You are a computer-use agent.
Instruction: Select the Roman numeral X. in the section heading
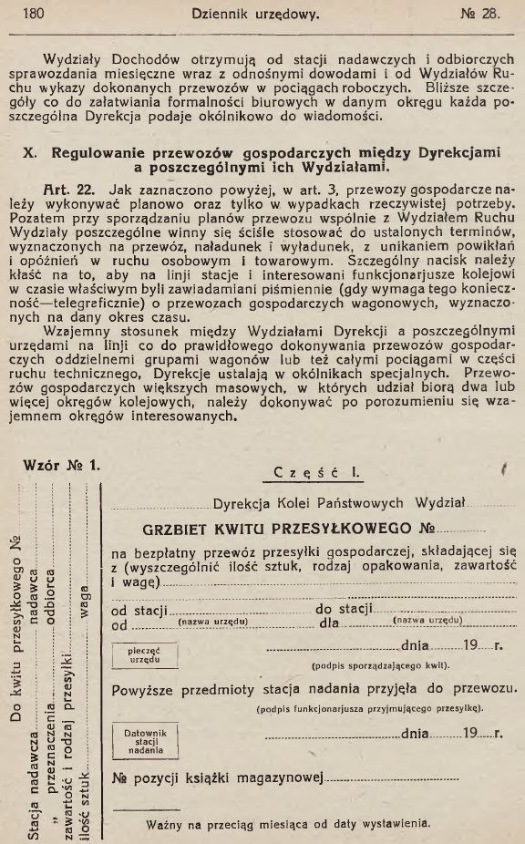click(x=27, y=152)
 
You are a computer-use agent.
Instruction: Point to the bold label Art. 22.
click(x=81, y=191)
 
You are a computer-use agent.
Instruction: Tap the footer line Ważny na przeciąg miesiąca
click(x=286, y=823)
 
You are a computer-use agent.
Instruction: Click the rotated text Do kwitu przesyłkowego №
click(x=15, y=629)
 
